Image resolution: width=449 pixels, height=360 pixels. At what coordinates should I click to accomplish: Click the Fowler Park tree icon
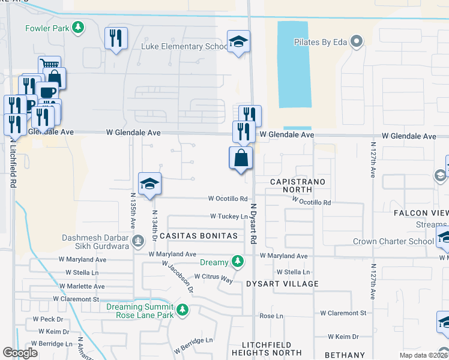point(77,28)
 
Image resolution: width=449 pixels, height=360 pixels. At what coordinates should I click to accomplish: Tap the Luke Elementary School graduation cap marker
point(238,42)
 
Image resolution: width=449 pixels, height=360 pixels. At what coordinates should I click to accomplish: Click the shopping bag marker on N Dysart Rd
point(241,159)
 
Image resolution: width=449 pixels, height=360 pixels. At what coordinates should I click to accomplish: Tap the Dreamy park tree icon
point(238,262)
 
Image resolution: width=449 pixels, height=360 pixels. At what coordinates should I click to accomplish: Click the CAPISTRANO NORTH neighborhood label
point(298,185)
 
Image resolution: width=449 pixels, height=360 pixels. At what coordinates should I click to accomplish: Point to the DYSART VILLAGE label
point(282,283)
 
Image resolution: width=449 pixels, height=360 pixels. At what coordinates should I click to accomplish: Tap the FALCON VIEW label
point(420,213)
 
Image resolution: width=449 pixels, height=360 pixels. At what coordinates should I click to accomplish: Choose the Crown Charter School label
point(393,242)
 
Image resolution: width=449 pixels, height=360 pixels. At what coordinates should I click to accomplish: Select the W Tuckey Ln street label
point(229,216)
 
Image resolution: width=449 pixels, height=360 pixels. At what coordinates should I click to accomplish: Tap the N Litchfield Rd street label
point(12,159)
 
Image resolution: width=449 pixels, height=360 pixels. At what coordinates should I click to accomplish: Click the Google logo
point(20,353)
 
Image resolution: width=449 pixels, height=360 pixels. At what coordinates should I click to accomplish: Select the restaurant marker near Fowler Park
point(116,38)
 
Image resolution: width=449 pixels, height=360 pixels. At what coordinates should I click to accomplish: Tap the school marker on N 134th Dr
point(149,184)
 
